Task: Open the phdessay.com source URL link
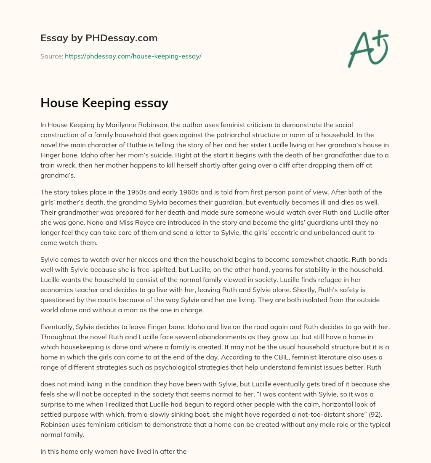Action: click(x=133, y=56)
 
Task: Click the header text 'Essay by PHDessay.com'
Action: click(x=99, y=38)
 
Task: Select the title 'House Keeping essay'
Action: click(x=104, y=103)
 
